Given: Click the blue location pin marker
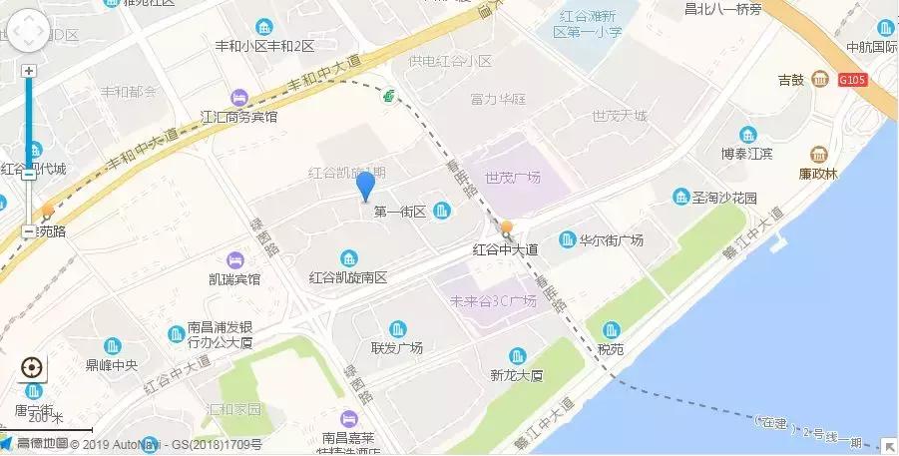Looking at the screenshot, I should pos(365,186).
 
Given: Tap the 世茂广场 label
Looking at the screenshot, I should pos(512,178).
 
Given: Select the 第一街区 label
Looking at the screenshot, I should pos(400,211).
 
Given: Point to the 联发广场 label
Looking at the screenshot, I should pos(397,348).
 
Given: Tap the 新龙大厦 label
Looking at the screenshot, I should pos(516,376).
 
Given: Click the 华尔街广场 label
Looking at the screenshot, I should pos(611,240).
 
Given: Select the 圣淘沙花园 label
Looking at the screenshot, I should pos(724,198).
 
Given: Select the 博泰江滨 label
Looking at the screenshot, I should pos(748,156).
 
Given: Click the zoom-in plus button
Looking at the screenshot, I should pos(29,71).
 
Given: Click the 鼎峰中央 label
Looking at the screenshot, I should pos(112,365).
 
